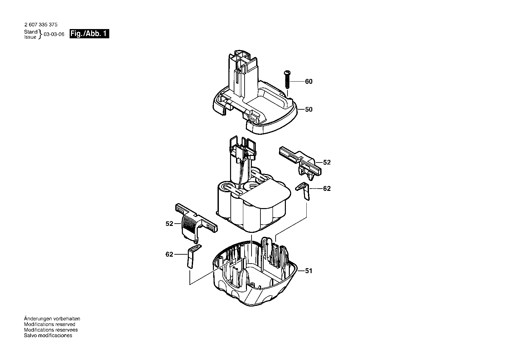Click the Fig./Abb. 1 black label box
[x=89, y=34]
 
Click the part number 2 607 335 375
[x=41, y=24]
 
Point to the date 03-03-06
[x=54, y=34]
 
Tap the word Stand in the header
[x=31, y=32]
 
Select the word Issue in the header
[x=30, y=37]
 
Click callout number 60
[x=309, y=82]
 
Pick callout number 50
[x=309, y=109]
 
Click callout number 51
[x=309, y=271]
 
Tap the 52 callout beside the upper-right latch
[x=327, y=162]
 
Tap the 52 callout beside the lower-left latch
[x=169, y=224]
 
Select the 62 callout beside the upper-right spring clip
[x=327, y=189]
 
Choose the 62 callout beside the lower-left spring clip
[x=169, y=254]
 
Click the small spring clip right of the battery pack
[x=304, y=191]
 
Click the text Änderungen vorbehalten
[x=52, y=319]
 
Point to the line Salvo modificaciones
[x=48, y=336]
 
